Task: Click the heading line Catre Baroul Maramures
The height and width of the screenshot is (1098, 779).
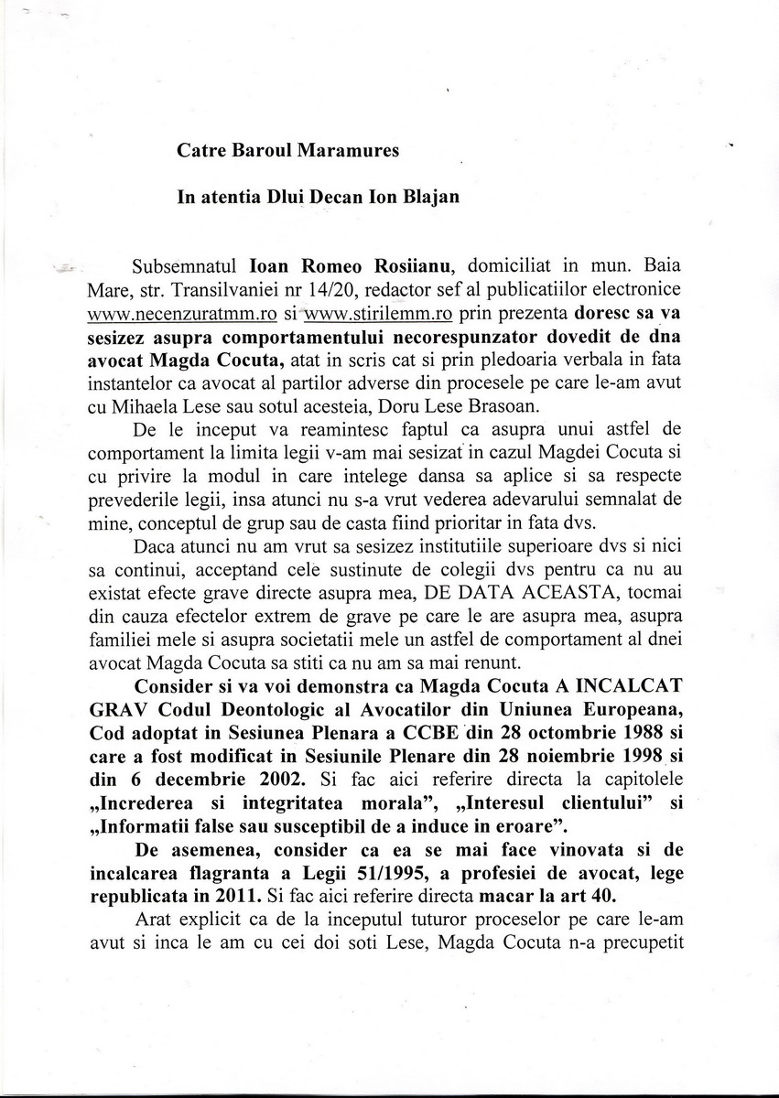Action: [x=287, y=151]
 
